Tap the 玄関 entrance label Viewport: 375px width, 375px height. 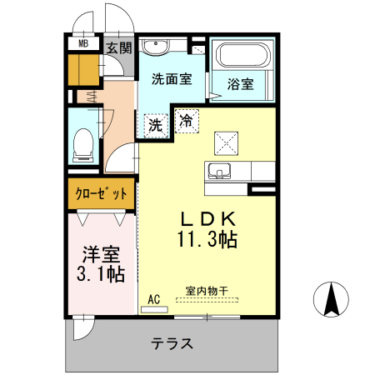coord(118,48)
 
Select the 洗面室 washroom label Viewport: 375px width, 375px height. coord(172,80)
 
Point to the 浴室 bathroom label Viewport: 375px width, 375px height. coord(241,83)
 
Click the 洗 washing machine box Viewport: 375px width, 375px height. coord(155,126)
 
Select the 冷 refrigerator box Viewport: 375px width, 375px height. coord(186,121)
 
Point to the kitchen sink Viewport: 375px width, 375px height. coord(220,172)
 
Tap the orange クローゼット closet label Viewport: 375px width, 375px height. coord(102,193)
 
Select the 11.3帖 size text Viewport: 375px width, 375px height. coord(207,240)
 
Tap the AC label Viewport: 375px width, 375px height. coord(153,298)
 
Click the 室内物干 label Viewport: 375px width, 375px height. coord(206,291)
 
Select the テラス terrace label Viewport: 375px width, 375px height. coord(172,343)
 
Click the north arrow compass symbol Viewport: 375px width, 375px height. coord(332,300)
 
